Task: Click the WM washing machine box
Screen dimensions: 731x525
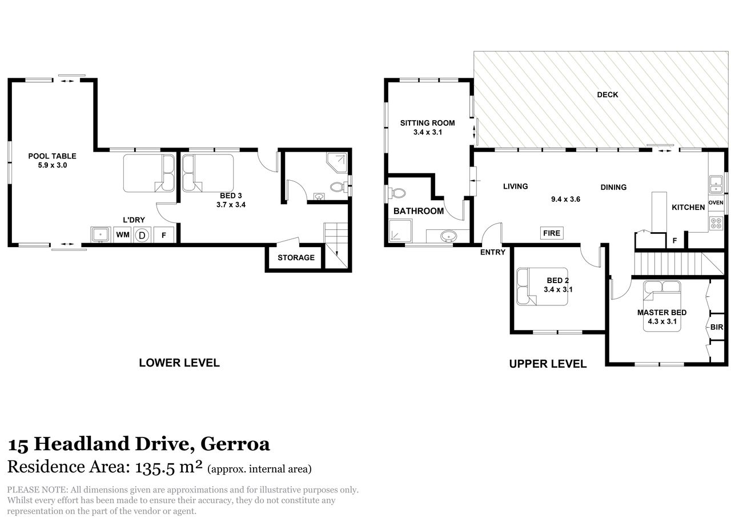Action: (123, 234)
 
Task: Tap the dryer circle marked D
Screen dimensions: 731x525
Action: (142, 235)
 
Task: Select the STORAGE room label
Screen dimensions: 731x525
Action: (296, 257)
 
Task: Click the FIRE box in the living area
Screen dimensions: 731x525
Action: (552, 233)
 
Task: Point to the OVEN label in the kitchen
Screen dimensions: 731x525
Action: (716, 202)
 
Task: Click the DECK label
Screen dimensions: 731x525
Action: (607, 95)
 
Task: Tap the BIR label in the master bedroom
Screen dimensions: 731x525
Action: (716, 327)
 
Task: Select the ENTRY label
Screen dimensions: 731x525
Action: (492, 252)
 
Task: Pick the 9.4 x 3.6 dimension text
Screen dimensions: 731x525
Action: (565, 199)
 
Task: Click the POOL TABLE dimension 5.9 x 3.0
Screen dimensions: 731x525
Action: (52, 165)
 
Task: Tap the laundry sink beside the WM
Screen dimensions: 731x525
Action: (101, 234)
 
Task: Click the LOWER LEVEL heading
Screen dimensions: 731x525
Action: (179, 363)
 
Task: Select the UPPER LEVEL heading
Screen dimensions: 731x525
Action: (548, 364)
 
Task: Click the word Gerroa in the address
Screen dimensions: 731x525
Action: (235, 444)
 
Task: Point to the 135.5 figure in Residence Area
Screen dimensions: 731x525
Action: (155, 467)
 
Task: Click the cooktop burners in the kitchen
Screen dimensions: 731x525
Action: (716, 223)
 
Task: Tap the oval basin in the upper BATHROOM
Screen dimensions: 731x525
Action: (448, 236)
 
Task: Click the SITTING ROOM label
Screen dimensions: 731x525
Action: (428, 123)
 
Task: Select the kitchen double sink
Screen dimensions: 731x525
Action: (716, 184)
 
